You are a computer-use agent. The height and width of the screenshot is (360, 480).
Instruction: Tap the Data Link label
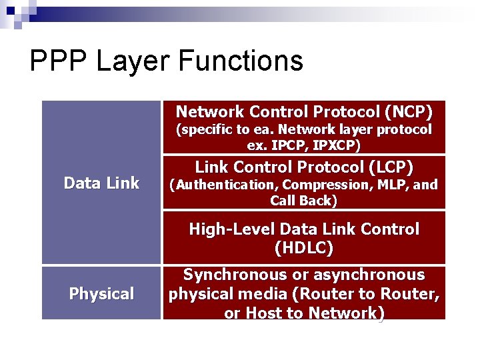click(x=101, y=183)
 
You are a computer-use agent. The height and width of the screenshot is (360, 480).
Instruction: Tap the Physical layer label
click(x=101, y=293)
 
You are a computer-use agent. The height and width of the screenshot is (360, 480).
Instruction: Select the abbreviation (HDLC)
click(x=304, y=249)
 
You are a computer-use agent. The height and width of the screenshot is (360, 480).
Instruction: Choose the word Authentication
click(x=225, y=185)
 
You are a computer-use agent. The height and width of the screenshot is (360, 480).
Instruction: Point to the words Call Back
click(x=304, y=201)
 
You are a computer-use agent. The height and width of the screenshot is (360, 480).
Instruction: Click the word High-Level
click(x=232, y=229)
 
